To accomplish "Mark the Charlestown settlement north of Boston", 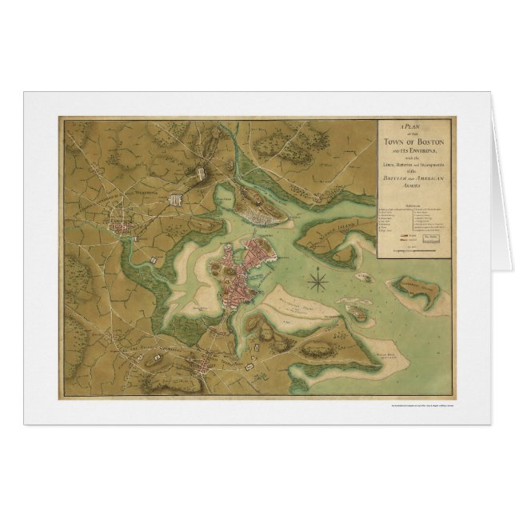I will [x=264, y=214].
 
